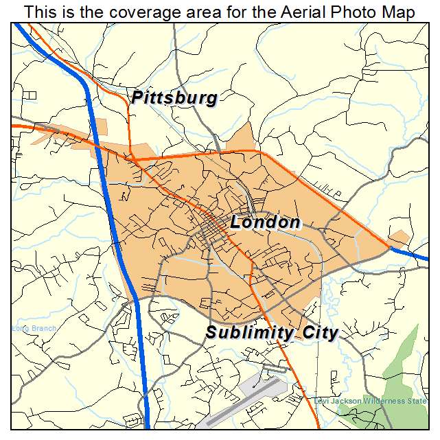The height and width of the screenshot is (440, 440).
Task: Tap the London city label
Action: pyautogui.click(x=265, y=222)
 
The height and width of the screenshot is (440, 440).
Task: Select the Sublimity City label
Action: pyautogui.click(x=272, y=334)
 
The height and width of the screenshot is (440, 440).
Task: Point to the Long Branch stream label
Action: pyautogui.click(x=34, y=329)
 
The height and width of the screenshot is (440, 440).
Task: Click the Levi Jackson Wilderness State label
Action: pyautogui.click(x=370, y=401)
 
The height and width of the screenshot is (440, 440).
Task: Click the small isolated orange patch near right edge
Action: pyautogui.click(x=399, y=238)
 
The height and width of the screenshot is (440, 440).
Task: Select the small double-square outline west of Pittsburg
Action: pyautogui.click(x=31, y=94)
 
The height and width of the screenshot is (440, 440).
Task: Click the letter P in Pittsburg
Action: pyautogui.click(x=138, y=98)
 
